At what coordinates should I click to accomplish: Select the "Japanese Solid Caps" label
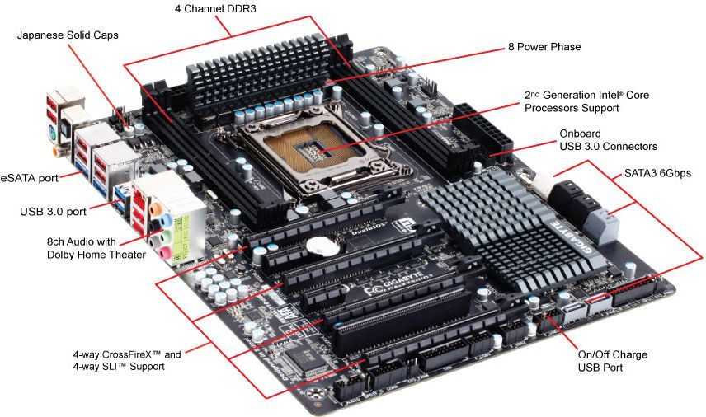68,36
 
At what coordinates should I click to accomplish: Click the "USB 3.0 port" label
54,212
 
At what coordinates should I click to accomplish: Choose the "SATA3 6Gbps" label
655,173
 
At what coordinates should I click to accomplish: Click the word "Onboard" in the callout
581,133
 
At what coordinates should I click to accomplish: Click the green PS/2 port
50,129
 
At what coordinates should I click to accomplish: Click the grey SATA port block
607,223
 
